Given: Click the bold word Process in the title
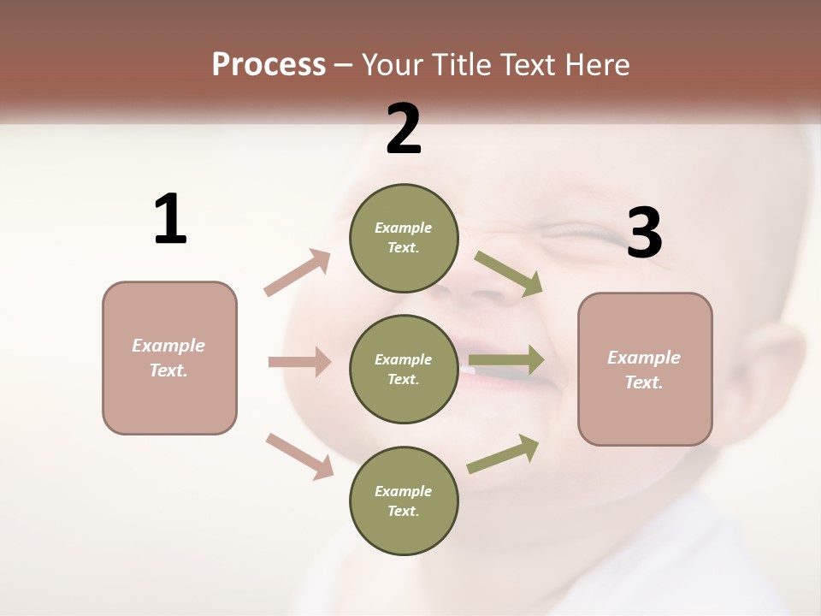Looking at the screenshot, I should [269, 65].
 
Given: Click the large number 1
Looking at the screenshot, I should [170, 220].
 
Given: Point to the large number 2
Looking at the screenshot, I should [404, 128].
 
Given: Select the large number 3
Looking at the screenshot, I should [644, 234].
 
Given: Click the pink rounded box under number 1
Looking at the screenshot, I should [169, 358].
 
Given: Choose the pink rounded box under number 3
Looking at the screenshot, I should [645, 370].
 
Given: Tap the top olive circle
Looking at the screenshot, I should [404, 238].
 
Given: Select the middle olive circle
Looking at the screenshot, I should [404, 370].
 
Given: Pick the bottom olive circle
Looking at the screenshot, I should [404, 501].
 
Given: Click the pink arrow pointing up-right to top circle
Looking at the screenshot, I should [298, 273].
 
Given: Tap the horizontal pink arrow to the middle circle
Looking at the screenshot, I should [299, 362].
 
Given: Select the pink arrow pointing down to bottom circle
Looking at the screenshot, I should [299, 455].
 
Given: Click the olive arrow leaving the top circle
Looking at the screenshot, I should [509, 274].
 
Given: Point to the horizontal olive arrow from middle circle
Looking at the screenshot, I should [506, 360].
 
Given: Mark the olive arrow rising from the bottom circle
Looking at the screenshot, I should [504, 453].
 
